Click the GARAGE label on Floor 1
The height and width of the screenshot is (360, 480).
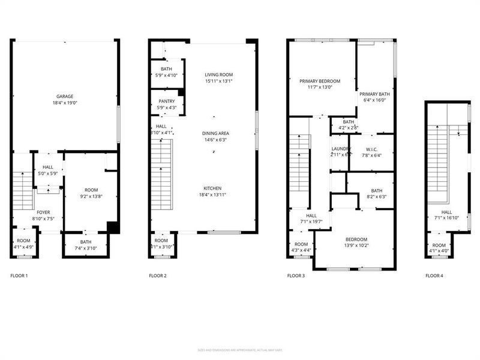point(65,96)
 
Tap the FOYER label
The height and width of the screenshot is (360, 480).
point(44,212)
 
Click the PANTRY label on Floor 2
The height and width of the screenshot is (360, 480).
point(166,101)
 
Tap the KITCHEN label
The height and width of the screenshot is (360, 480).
point(214,187)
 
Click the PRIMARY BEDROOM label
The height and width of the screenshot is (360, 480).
point(320,80)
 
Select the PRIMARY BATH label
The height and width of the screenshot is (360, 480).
point(375,95)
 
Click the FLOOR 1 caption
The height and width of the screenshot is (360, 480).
point(19,276)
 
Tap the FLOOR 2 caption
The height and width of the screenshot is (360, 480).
point(158,276)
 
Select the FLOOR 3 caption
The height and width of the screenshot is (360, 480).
point(296,276)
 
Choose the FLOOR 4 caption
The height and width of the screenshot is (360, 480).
point(434,276)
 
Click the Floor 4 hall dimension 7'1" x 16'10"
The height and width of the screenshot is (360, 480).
point(447,218)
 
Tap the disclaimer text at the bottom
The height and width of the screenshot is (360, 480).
point(240,350)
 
